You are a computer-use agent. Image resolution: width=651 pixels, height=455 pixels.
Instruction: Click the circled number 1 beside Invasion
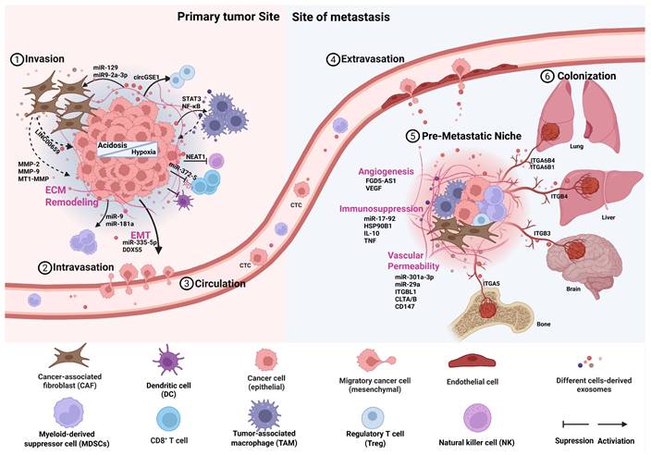point(16,58)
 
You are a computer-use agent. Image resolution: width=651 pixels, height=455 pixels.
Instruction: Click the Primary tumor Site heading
point(216,18)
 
